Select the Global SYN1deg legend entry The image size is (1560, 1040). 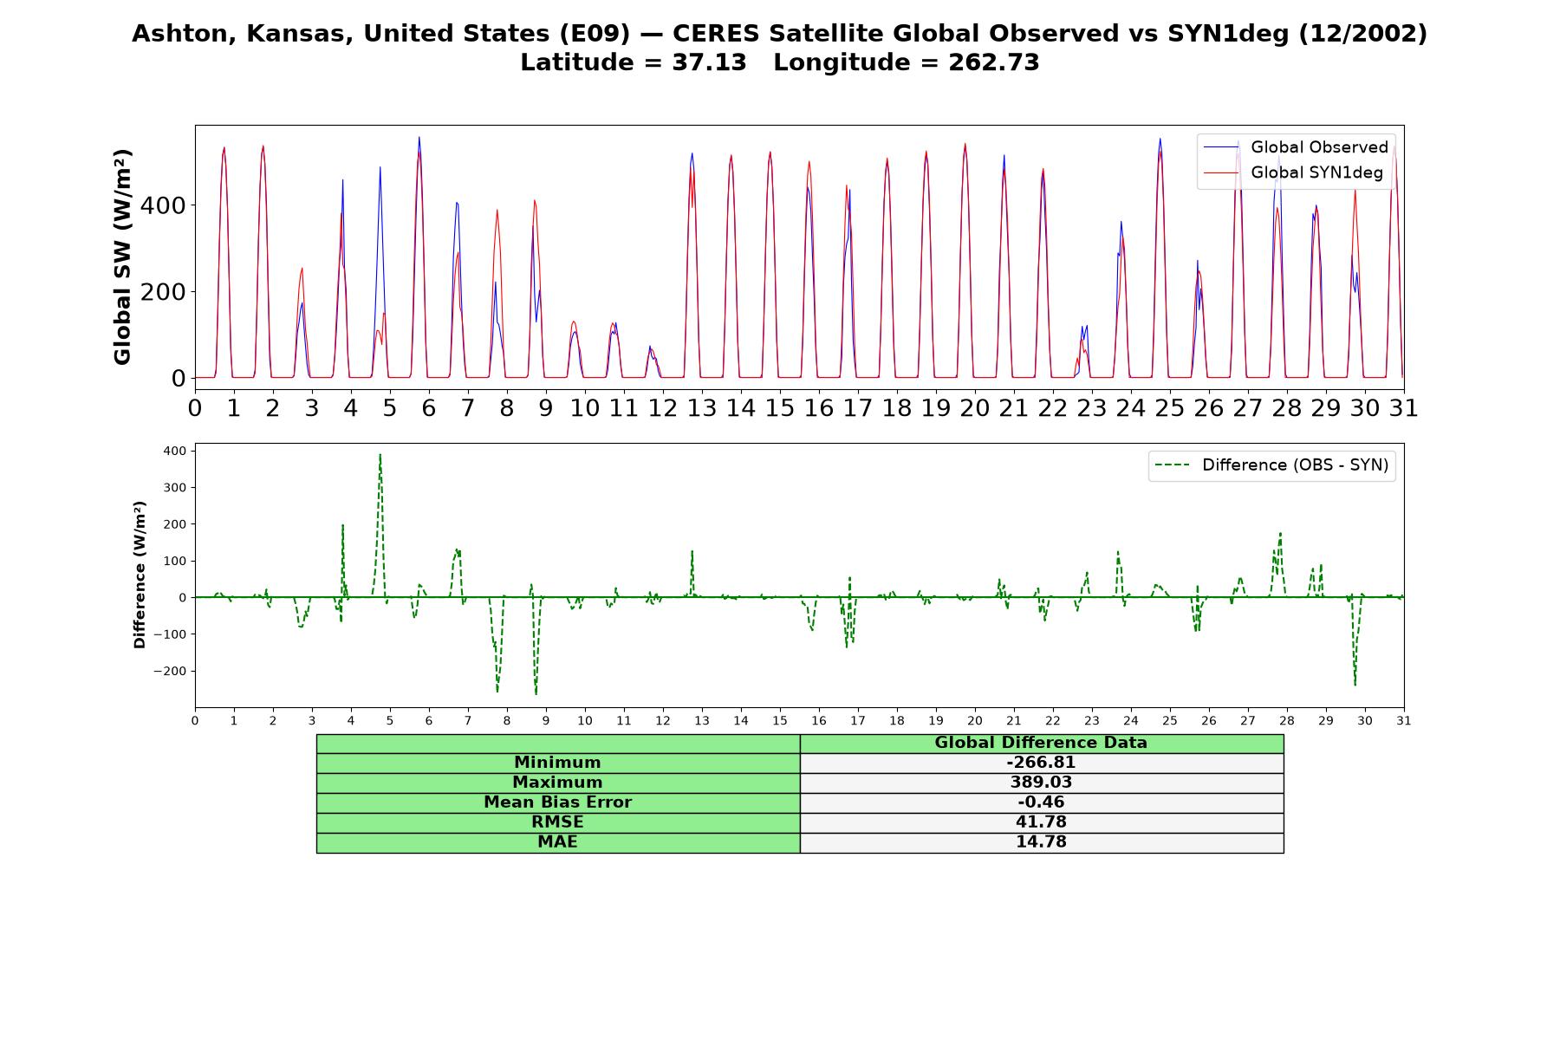(x=1293, y=172)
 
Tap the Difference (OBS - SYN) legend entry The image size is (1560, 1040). (x=1271, y=465)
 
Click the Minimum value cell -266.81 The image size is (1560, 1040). (x=1041, y=763)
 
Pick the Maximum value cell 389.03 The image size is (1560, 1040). (x=1041, y=783)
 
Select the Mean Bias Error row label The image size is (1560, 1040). (x=557, y=803)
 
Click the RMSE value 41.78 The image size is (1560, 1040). (x=1041, y=822)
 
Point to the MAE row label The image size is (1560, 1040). (x=557, y=842)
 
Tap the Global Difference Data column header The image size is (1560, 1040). (x=1041, y=743)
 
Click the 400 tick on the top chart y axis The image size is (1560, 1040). (x=163, y=205)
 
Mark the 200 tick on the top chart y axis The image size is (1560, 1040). (x=163, y=292)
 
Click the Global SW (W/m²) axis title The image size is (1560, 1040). (x=122, y=257)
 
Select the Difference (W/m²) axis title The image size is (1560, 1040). (x=140, y=575)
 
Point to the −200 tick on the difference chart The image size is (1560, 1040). (x=169, y=672)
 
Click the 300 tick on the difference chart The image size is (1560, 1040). (x=174, y=488)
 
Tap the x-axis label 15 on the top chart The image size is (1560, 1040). (x=779, y=407)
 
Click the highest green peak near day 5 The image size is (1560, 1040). (x=380, y=454)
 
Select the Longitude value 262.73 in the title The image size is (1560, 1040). (x=994, y=62)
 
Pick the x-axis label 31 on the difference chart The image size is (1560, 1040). (x=1404, y=721)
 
